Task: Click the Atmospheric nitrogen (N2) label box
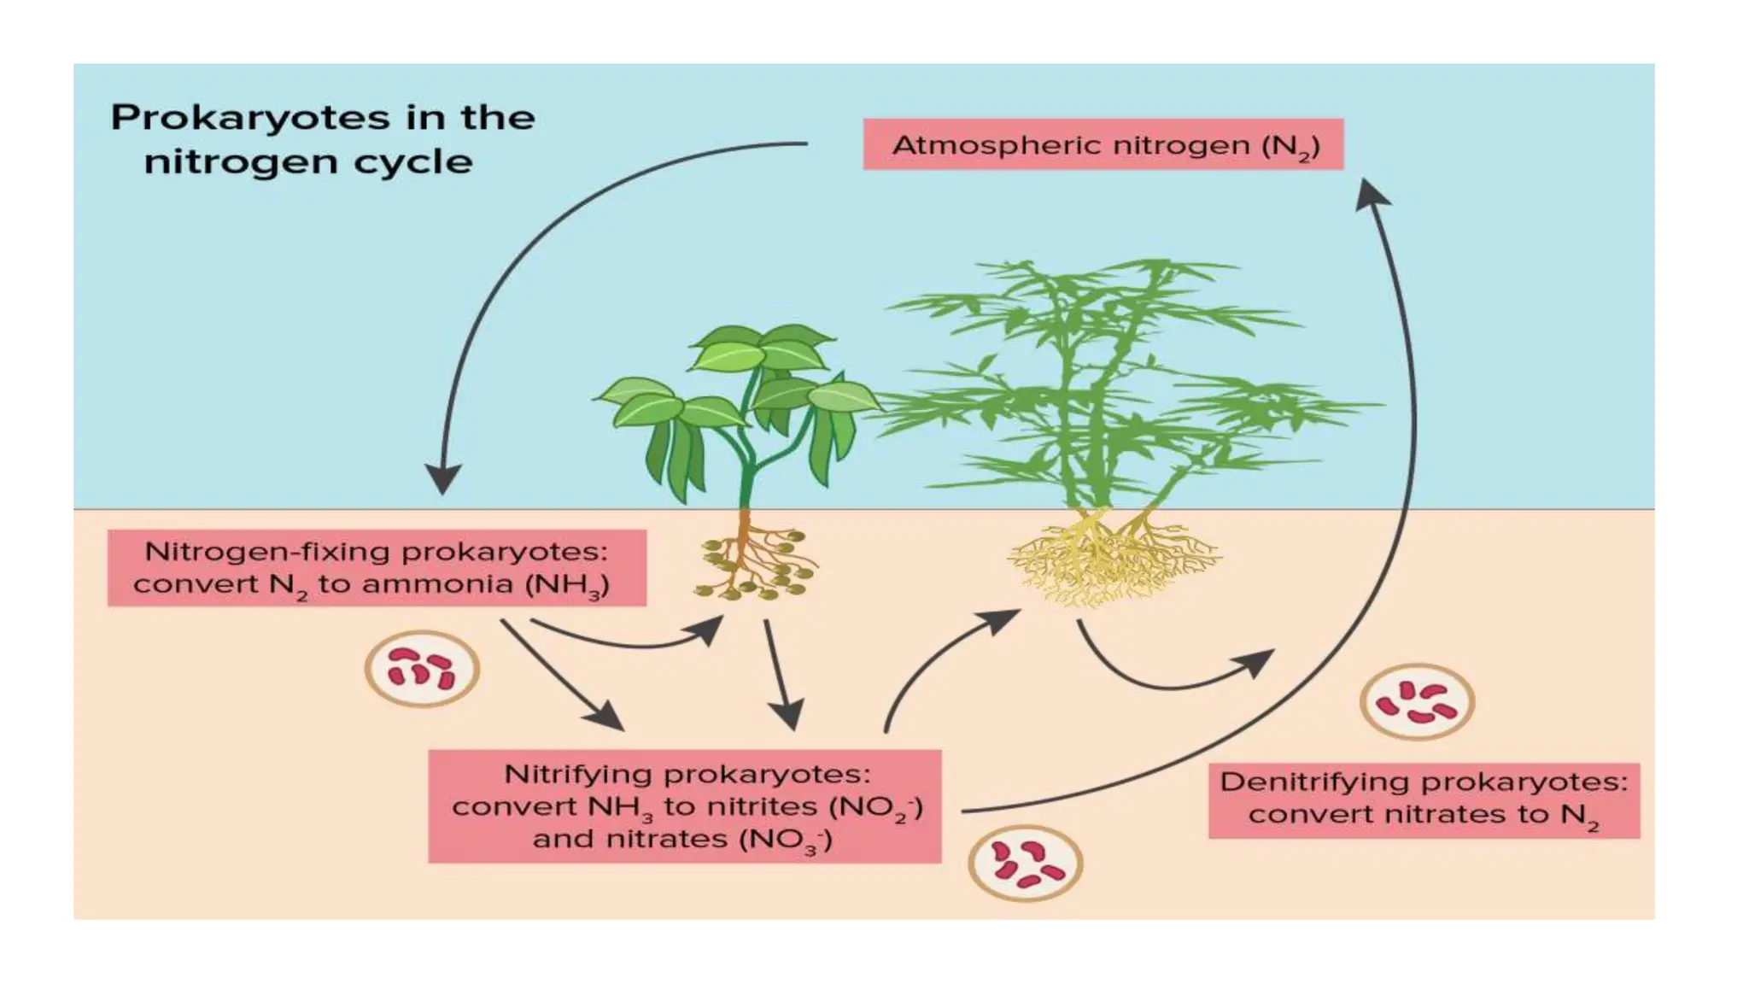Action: (x=1103, y=144)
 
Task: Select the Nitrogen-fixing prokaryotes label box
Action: (x=376, y=568)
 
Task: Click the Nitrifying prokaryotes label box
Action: (x=684, y=805)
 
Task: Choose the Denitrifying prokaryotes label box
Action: (x=1423, y=799)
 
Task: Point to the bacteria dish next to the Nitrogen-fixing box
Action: (x=422, y=668)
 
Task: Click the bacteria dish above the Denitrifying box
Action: (x=1416, y=701)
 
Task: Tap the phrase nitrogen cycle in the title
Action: (x=307, y=162)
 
